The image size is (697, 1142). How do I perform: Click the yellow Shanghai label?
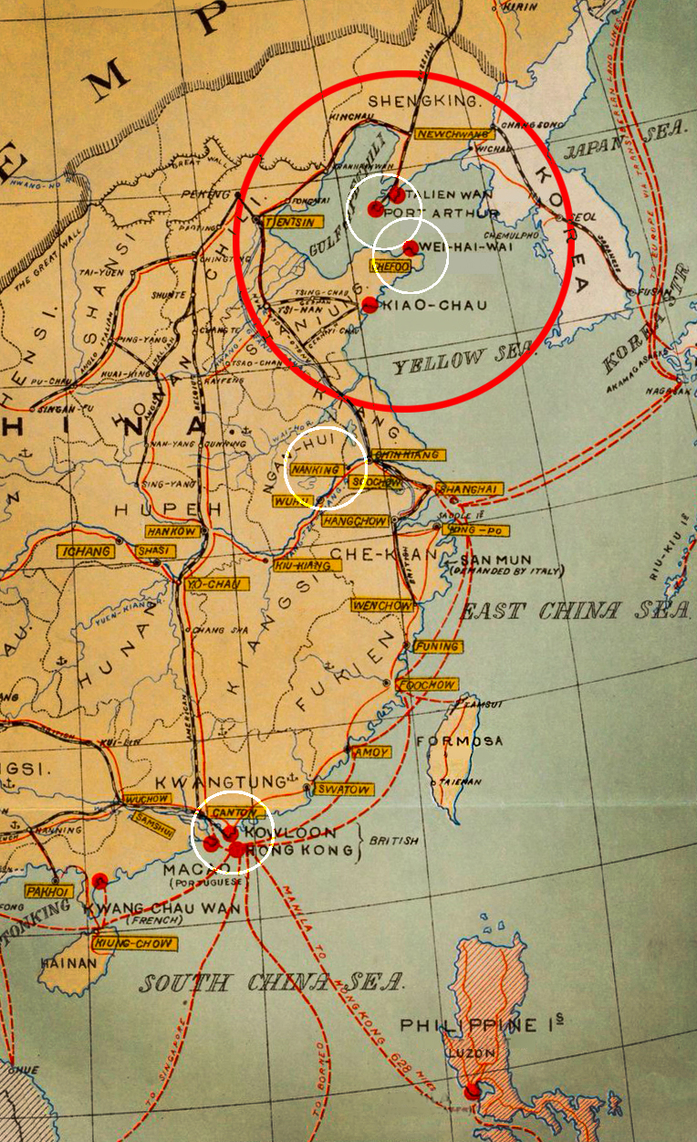pos(470,489)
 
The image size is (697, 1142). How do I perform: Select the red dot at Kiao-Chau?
pos(369,305)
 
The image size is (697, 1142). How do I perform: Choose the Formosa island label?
pos(459,741)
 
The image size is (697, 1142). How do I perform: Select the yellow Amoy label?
pos(372,752)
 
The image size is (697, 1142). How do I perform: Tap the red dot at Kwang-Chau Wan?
pos(99,881)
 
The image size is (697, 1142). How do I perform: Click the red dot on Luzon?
pos(472,1092)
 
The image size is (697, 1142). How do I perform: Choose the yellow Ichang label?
pos(85,551)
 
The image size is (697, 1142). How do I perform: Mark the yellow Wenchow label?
pos(382,605)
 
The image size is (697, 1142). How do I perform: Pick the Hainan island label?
pos(63,961)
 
